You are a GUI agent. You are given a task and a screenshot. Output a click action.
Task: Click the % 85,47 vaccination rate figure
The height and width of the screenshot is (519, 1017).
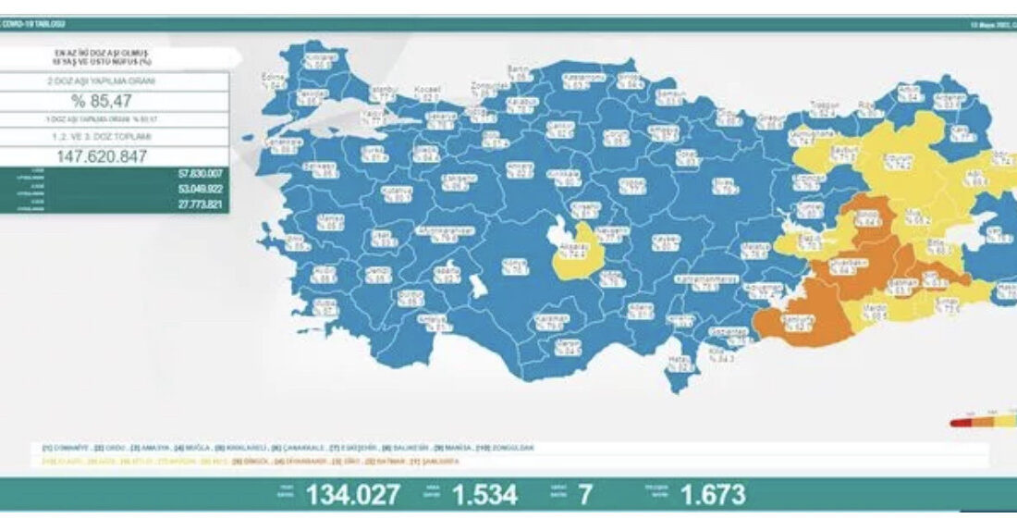[115, 101]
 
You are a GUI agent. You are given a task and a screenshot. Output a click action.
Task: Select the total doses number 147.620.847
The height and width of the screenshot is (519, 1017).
[115, 156]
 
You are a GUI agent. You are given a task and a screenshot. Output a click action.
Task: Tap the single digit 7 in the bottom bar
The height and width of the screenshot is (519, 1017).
[584, 495]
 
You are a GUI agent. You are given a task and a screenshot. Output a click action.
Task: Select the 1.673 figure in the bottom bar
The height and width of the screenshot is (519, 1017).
[712, 495]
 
